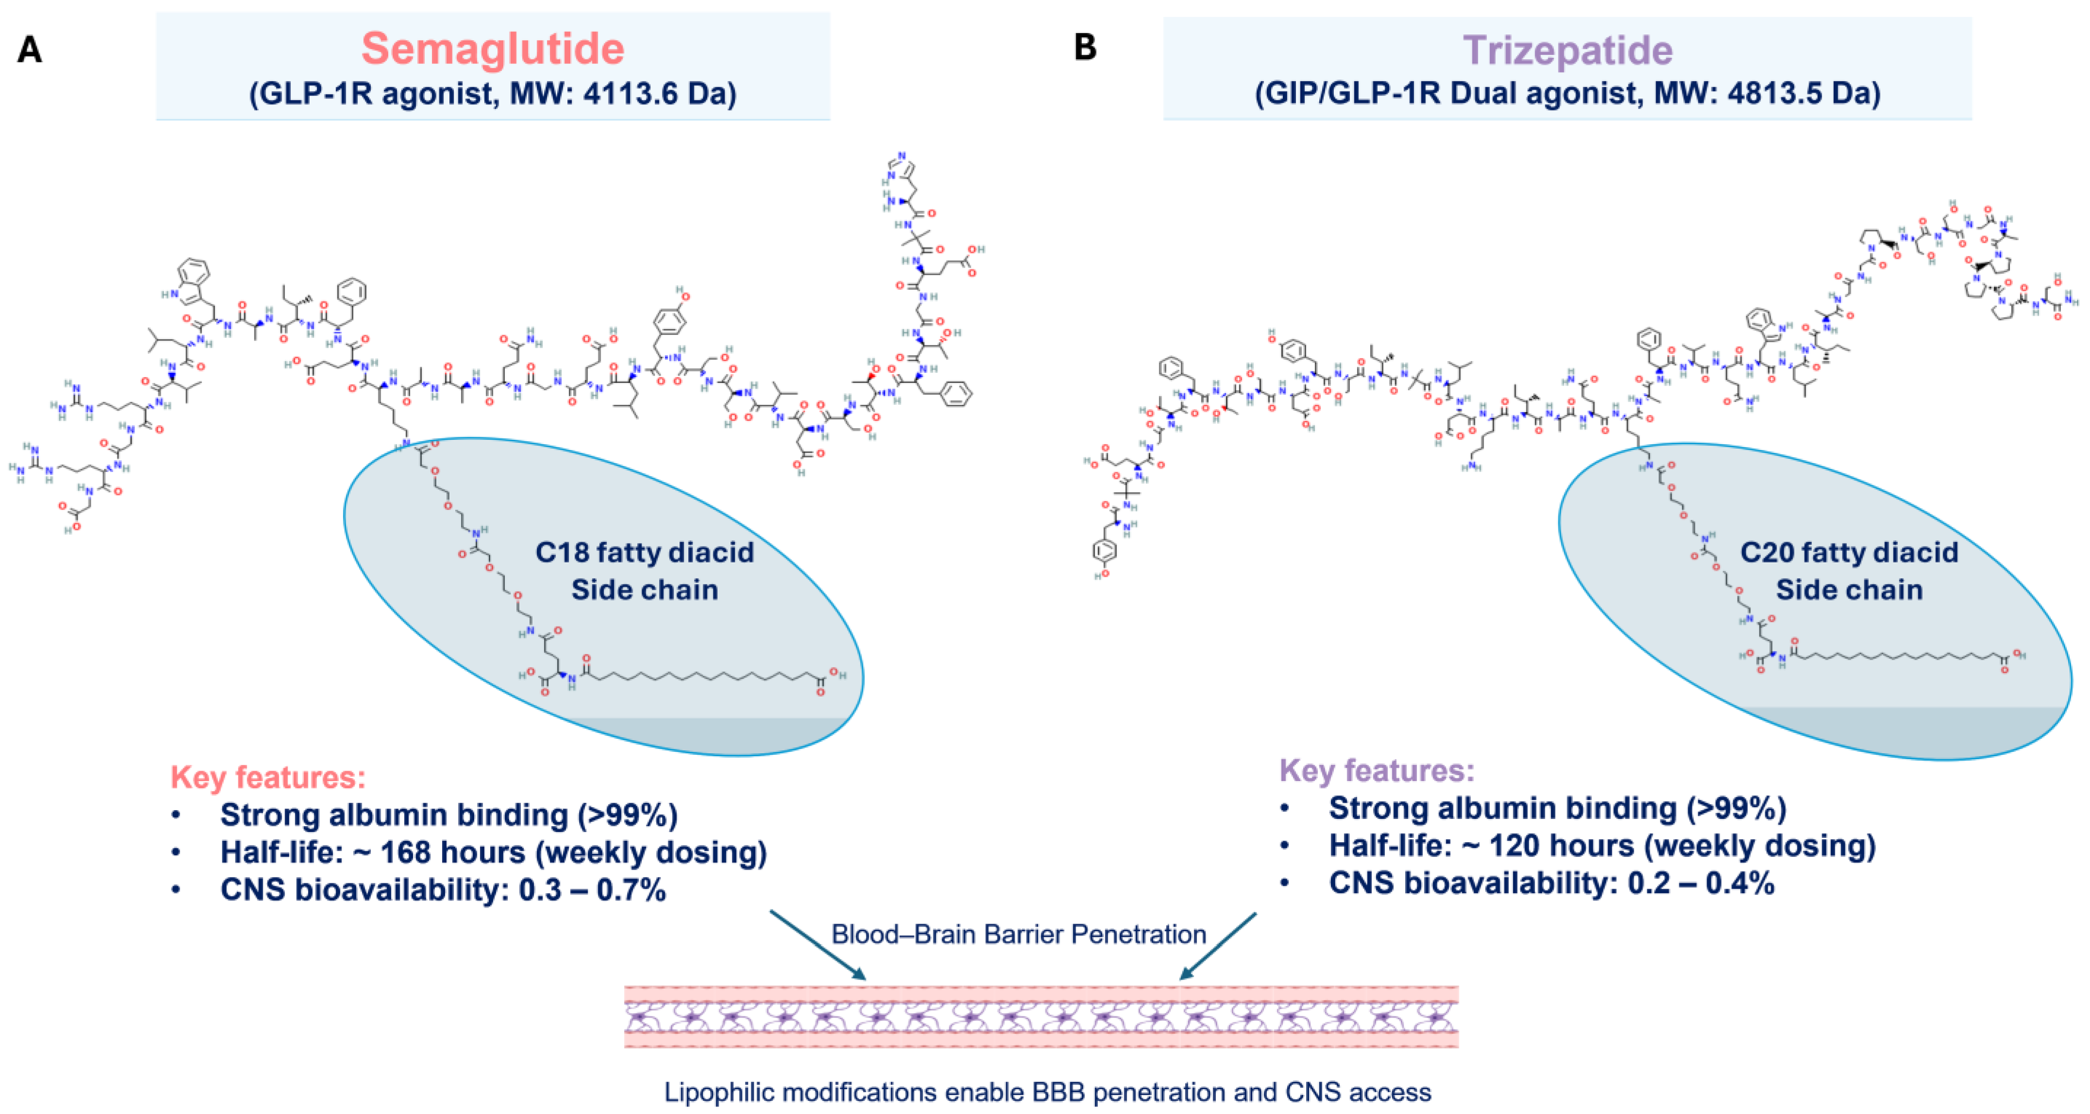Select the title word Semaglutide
pos(493,49)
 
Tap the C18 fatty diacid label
pos(644,552)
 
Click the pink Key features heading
pos(268,777)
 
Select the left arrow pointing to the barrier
pos(818,945)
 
